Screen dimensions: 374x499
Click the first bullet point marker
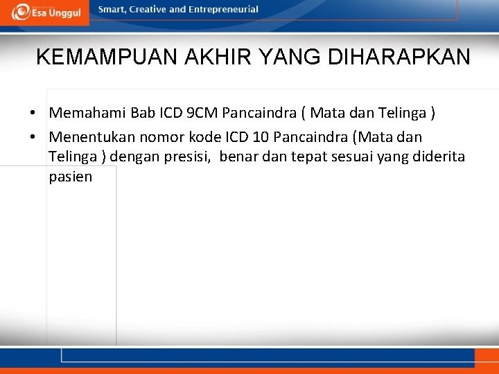point(33,112)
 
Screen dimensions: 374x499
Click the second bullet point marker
point(33,137)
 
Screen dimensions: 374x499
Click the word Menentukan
point(90,137)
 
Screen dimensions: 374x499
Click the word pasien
point(70,177)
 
